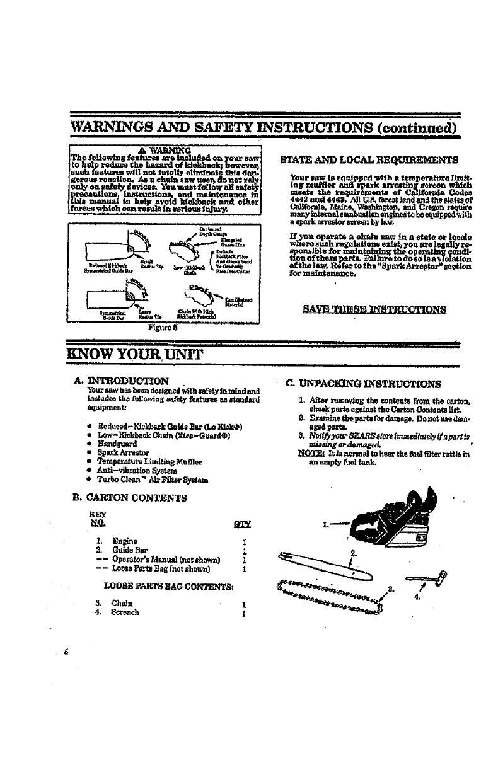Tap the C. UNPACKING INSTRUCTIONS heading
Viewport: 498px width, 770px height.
coord(363,382)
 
